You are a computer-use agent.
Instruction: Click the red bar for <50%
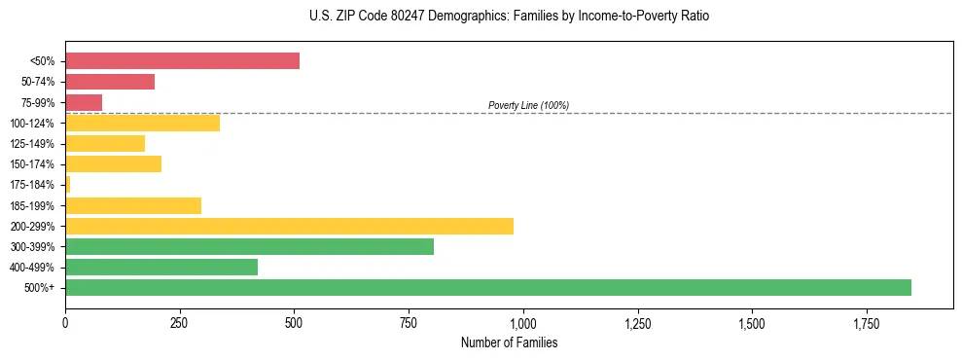pos(182,61)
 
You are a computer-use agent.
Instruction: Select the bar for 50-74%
pos(110,82)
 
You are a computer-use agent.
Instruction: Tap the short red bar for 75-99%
pos(84,102)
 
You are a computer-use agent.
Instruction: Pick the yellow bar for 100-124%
pos(142,123)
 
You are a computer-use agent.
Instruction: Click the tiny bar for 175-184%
pos(68,184)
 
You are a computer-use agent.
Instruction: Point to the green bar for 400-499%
pos(236,267)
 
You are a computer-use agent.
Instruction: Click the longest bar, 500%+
pos(487,287)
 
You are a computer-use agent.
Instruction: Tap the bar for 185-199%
pos(133,205)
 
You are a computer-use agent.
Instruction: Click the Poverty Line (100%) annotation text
pos(528,105)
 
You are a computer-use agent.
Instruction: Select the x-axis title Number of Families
pos(509,342)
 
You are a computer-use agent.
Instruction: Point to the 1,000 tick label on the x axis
pos(523,322)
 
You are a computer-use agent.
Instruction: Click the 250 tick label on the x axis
pos(180,322)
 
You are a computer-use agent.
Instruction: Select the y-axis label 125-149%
pos(32,144)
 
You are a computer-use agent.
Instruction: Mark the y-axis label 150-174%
pos(32,164)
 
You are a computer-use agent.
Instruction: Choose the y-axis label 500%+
pos(40,288)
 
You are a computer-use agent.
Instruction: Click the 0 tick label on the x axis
pos(65,322)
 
